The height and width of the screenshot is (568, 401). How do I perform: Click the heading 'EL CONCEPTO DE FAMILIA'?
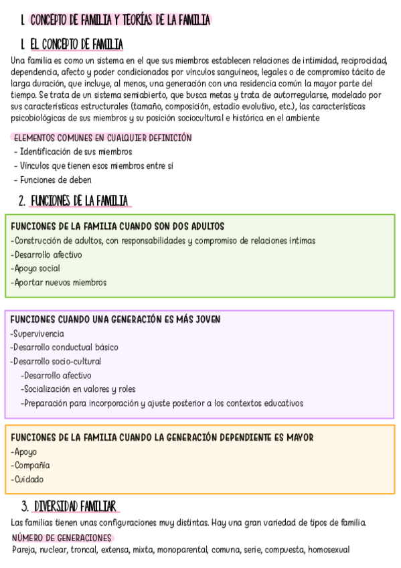[77, 45]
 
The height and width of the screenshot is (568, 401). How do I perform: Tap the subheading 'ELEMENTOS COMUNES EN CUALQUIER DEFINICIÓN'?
[102, 138]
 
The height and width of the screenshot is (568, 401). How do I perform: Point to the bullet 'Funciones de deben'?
[56, 180]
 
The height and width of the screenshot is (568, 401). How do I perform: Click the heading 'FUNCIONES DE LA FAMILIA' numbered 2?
[81, 201]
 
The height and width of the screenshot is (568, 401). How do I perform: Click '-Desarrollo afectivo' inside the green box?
[46, 255]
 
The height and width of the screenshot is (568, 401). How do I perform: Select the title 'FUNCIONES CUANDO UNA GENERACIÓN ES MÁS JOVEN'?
[116, 319]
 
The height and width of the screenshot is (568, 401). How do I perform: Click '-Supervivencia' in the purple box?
[37, 334]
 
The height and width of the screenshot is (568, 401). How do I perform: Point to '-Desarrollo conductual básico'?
[64, 348]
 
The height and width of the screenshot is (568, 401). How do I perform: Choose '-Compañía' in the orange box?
[31, 466]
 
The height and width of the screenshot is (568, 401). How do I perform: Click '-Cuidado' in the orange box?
[27, 480]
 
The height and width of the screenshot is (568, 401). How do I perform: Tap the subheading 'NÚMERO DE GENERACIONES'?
[62, 538]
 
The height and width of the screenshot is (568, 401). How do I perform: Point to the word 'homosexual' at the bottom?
[329, 550]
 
